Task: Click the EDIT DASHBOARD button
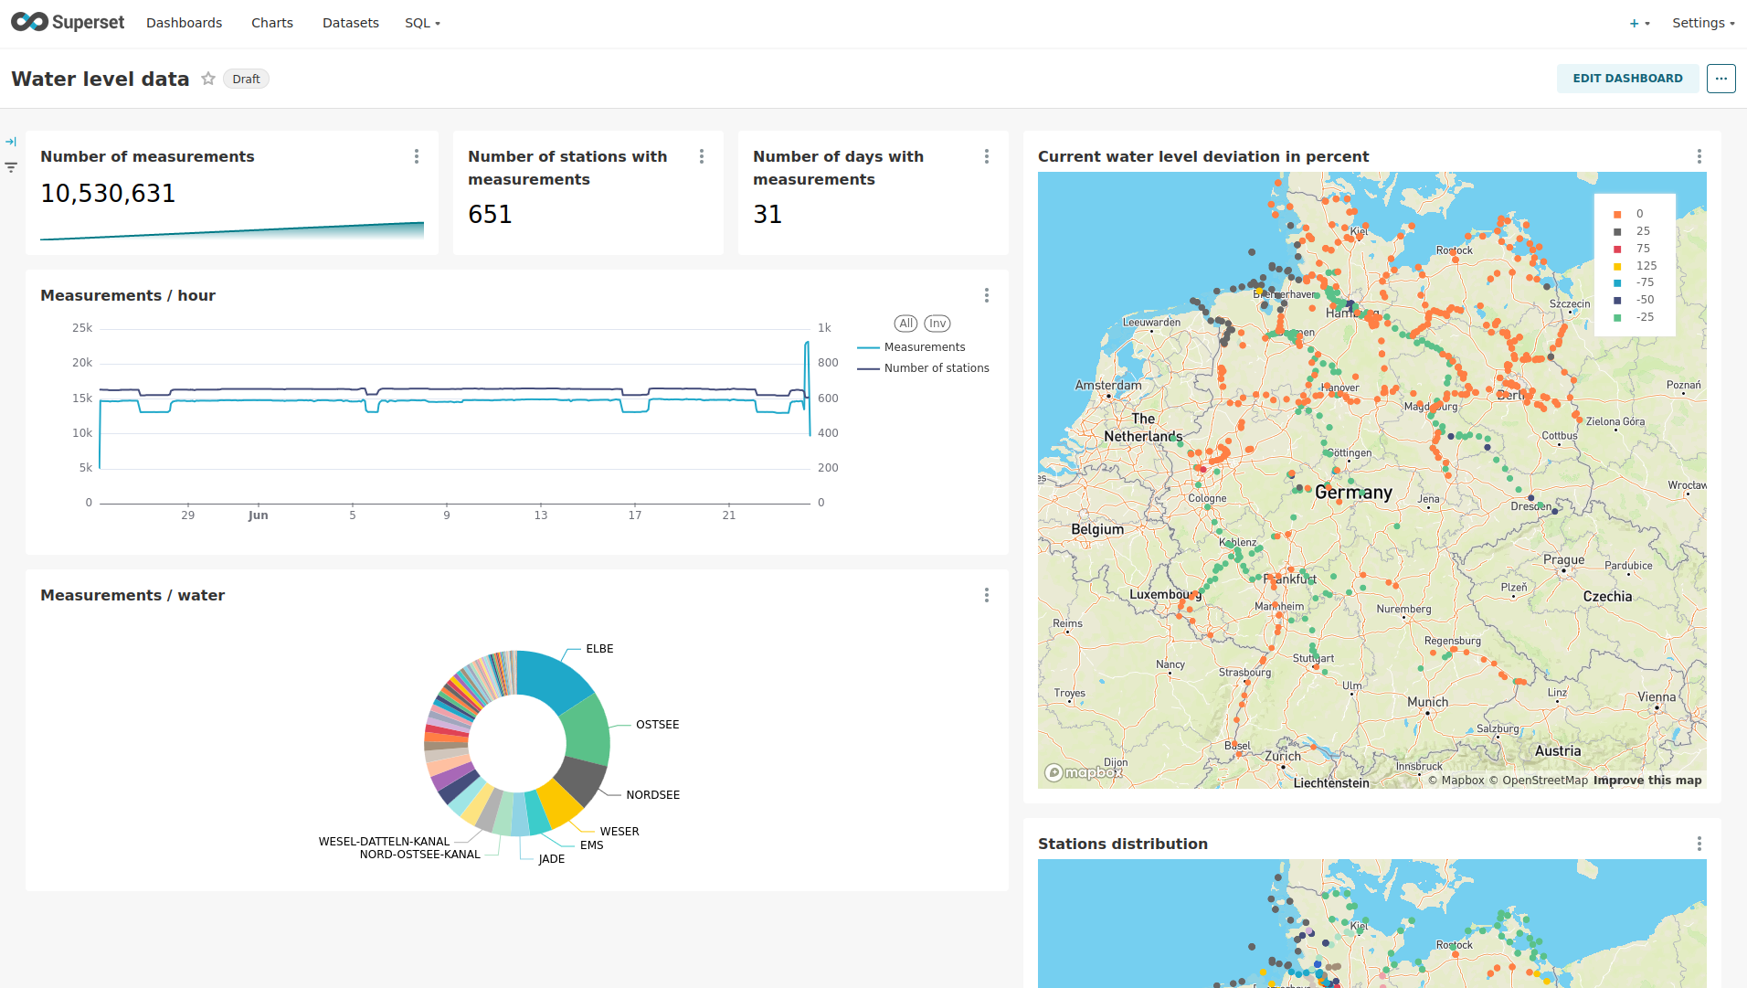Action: pos(1626,79)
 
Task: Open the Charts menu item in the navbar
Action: pos(272,23)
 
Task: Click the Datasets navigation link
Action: pos(350,23)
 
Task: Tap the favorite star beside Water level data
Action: pos(208,79)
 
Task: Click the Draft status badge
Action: pos(246,80)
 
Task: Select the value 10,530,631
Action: pos(108,194)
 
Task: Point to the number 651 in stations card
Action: pos(490,215)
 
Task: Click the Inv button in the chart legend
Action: pos(937,324)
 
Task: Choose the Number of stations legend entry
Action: pos(936,368)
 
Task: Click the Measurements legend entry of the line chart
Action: pos(924,347)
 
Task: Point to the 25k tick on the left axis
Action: pos(82,328)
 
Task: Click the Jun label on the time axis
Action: pos(258,515)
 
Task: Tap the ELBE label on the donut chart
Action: pos(599,649)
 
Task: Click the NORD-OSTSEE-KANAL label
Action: pos(419,855)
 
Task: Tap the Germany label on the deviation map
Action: pos(1353,493)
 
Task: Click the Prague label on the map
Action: pos(1563,560)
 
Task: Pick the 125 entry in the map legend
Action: pos(1646,266)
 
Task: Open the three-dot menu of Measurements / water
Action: pos(987,595)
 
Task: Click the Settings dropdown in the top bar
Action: pos(1702,23)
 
